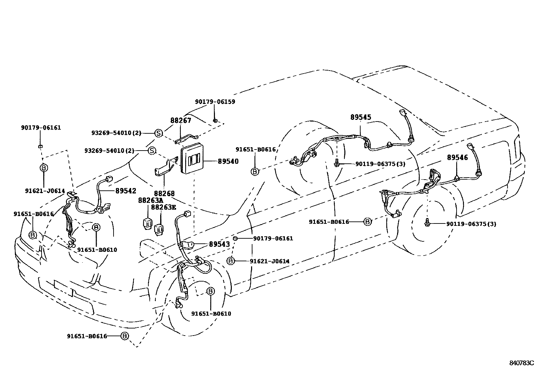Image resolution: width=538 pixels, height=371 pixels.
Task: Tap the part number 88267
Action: tap(180, 121)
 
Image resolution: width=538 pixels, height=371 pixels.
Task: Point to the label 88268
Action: tap(164, 193)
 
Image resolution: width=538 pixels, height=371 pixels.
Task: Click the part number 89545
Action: tap(361, 117)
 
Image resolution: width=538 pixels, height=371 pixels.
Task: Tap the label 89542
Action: tap(126, 191)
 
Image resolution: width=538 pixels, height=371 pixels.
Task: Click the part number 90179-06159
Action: tap(215, 102)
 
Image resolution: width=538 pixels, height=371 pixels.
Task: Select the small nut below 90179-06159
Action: tap(215, 120)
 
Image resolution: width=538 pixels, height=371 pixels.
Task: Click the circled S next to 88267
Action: tap(158, 133)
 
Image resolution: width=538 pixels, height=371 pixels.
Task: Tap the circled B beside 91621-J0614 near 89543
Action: tap(230, 261)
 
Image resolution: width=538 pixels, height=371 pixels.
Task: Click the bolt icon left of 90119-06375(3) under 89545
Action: tap(337, 164)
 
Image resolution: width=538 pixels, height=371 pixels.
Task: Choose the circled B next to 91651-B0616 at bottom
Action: tap(125, 336)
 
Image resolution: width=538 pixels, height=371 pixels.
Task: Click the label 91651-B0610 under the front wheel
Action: tap(211, 314)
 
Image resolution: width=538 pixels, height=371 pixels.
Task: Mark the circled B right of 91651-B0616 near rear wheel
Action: tap(367, 222)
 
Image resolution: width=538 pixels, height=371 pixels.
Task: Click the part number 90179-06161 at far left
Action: tap(41, 128)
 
